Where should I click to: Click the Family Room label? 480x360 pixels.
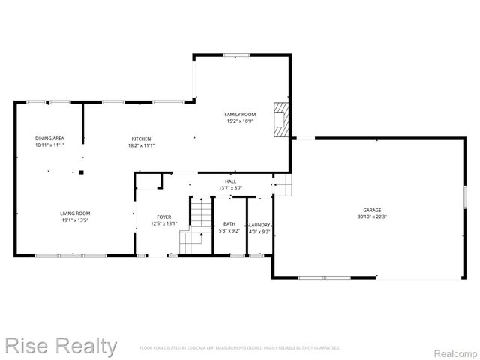(241, 114)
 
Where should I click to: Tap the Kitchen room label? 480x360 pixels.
(142, 139)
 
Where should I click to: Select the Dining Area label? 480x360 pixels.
(49, 139)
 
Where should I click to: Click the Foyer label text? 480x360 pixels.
(163, 217)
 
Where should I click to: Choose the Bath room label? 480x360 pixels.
(229, 224)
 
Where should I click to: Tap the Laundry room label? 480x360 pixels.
(259, 224)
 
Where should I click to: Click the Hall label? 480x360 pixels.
(231, 181)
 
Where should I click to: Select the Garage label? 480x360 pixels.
(373, 210)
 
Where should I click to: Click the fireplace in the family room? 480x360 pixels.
(280, 118)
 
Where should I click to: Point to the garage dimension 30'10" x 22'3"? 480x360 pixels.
(373, 217)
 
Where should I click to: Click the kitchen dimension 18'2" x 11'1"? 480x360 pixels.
(142, 145)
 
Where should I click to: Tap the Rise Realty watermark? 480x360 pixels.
(61, 346)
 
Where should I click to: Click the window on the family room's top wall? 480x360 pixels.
(237, 54)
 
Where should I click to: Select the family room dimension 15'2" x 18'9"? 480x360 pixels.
(241, 121)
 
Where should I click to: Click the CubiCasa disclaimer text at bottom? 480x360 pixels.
(240, 348)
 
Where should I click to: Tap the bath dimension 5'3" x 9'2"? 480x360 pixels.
(229, 231)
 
